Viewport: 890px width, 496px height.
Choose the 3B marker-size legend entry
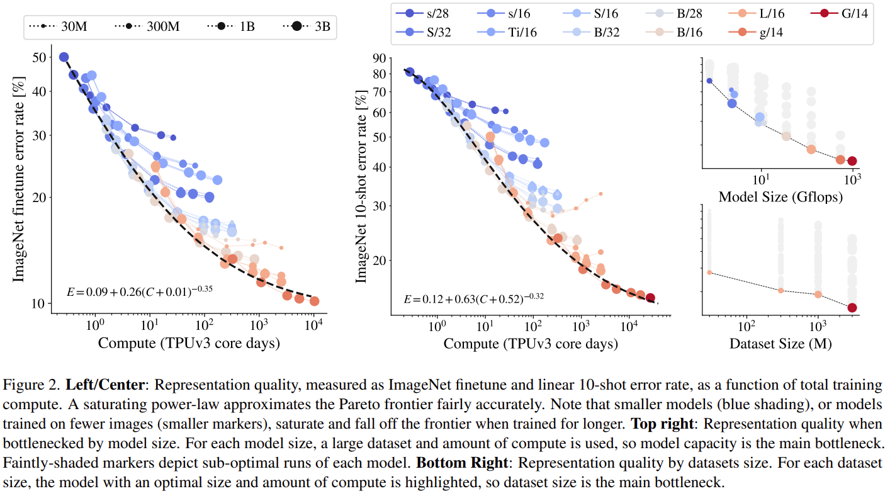(308, 27)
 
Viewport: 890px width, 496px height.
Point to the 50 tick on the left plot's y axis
(38, 57)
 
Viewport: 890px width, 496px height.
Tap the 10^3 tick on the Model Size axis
(853, 179)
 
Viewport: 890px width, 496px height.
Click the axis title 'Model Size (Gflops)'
(780, 196)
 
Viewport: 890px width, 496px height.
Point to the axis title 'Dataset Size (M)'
(780, 344)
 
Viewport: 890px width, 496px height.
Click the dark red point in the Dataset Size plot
(852, 308)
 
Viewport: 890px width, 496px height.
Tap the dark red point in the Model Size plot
(852, 161)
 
